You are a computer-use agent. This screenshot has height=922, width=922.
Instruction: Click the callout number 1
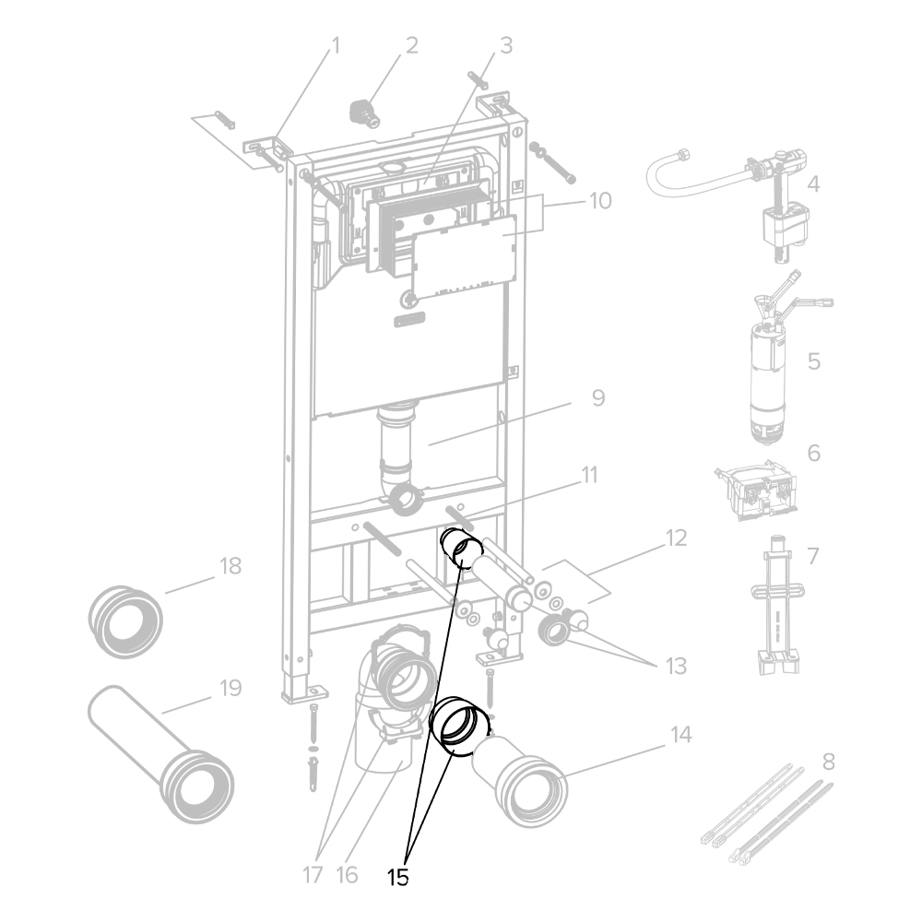point(336,45)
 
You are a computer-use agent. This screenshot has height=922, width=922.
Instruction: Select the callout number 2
point(411,45)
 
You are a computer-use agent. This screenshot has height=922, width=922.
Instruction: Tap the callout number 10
point(600,200)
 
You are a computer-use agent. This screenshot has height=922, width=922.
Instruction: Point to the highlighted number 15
point(398,878)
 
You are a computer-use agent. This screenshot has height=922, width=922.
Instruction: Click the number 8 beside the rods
point(829,762)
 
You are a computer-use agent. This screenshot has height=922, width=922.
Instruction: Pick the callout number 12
point(677,538)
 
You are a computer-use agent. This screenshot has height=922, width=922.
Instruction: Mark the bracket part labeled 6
point(756,489)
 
